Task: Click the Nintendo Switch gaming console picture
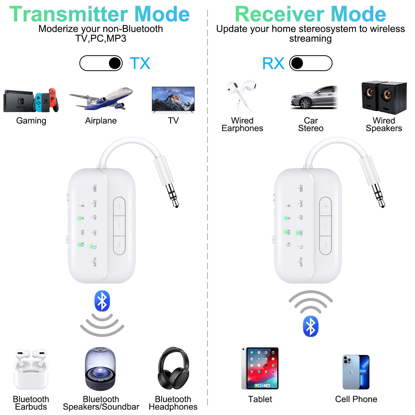31,101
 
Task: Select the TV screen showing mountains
173,99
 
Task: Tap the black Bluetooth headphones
173,368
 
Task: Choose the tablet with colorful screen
260,368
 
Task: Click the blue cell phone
356,372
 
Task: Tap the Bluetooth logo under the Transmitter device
102,301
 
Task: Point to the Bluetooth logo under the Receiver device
310,326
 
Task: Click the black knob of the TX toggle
115,63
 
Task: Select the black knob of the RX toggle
297,63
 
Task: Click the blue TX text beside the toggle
140,63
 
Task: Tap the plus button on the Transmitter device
119,206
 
